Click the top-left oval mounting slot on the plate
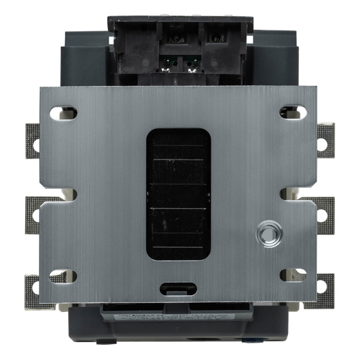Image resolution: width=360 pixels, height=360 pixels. pos(63,112)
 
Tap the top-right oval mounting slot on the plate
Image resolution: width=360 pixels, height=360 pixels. pos(293,112)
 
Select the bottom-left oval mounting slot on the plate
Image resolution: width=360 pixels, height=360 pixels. pos(63,276)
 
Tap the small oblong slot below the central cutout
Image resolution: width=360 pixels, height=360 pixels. pos(178,289)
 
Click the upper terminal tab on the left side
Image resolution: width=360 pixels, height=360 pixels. pos(33,140)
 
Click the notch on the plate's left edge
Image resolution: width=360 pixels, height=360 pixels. pos(70,194)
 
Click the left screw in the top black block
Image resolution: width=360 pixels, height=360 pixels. pos(175,39)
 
